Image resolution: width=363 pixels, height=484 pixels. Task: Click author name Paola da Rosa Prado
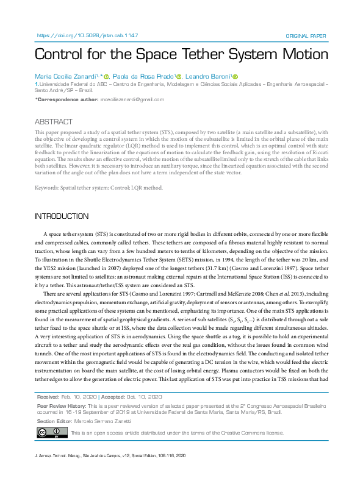[x=145, y=76]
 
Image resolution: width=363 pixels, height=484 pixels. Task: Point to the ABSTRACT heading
[x=54, y=122]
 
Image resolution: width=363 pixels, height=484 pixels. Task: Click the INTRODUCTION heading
[x=62, y=216]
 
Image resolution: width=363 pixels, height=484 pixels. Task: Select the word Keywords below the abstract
[x=48, y=188]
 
